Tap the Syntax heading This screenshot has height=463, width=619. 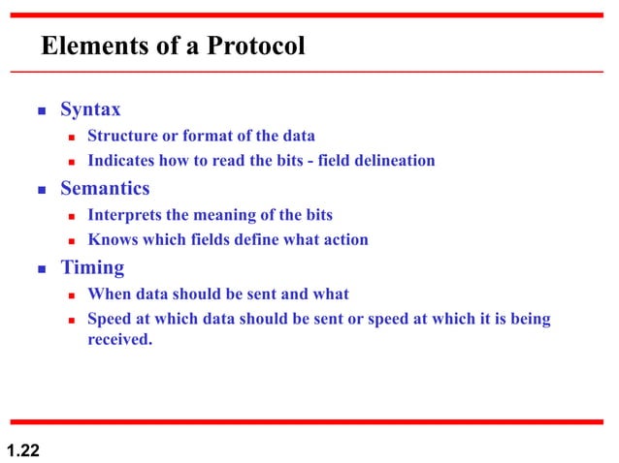pyautogui.click(x=90, y=109)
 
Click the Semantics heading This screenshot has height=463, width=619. pyautogui.click(x=105, y=189)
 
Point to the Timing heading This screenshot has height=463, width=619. pyautogui.click(x=92, y=267)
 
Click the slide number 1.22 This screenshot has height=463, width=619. pyautogui.click(x=23, y=448)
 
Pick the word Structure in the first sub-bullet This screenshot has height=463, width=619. pyautogui.click(x=121, y=136)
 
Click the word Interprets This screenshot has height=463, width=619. pyautogui.click(x=123, y=214)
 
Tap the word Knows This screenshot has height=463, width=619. pyautogui.click(x=112, y=239)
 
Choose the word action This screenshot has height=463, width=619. pyautogui.click(x=344, y=239)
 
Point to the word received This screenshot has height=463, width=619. pyautogui.click(x=120, y=340)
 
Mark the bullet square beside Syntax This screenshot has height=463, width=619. pyautogui.click(x=42, y=110)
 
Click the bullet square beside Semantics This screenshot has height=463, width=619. pyautogui.click(x=42, y=190)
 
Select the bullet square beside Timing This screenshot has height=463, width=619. pyautogui.click(x=42, y=268)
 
